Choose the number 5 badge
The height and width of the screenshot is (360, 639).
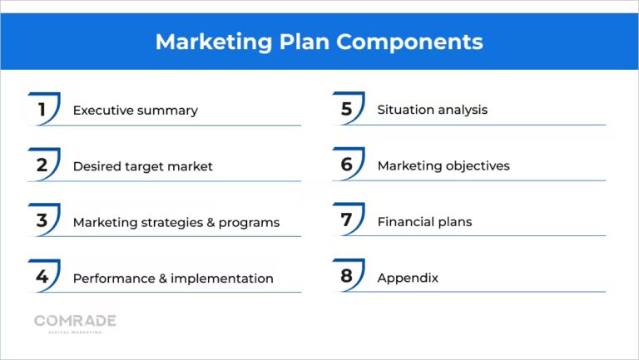347,110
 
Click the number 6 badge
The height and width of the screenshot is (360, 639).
347,165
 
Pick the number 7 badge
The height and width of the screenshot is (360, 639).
347,221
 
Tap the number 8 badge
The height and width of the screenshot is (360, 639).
347,277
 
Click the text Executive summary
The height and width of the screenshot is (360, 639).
135,111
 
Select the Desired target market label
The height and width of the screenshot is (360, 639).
142,166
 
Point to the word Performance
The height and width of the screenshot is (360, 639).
111,279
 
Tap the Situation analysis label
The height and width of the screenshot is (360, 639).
432,110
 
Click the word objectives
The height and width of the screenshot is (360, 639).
477,166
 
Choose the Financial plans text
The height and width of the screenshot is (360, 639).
424,222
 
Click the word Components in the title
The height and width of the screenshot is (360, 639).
415,42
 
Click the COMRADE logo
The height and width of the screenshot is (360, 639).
75,323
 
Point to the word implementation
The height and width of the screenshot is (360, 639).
222,279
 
